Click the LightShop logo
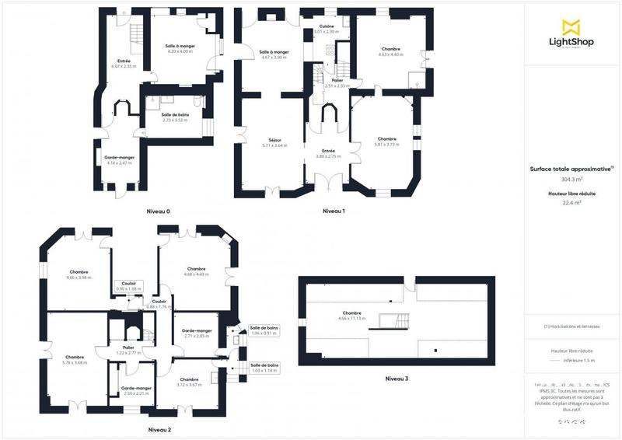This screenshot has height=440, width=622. point(571,35)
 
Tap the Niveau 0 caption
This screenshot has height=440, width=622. point(158,211)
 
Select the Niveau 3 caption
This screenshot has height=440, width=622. point(397,379)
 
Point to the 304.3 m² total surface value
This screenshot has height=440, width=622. point(571,179)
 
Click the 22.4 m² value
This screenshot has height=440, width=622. point(571,204)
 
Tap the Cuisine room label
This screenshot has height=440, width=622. point(327,29)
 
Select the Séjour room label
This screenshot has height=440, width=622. point(274,142)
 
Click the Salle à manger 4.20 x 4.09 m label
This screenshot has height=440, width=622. point(180,49)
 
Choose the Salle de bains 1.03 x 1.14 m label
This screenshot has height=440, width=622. point(264,368)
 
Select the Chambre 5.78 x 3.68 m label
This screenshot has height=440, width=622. point(75,359)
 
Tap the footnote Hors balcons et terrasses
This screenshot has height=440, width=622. point(571,327)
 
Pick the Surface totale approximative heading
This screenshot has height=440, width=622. point(571,168)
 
